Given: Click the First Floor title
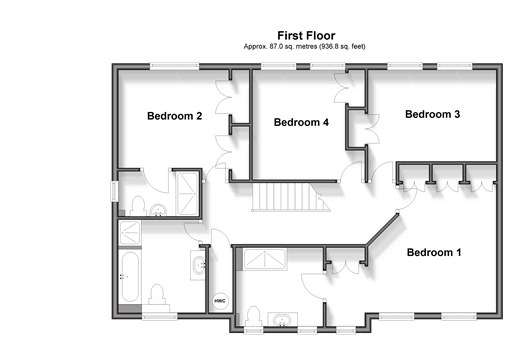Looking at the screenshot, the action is click(306, 35).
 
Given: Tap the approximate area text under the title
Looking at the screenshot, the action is click(304, 46).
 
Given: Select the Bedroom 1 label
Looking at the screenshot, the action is click(434, 252).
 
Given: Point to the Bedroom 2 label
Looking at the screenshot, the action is click(174, 116).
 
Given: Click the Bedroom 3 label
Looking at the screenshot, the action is click(432, 114).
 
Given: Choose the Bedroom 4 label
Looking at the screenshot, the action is click(301, 122).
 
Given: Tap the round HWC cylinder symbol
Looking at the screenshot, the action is click(220, 301).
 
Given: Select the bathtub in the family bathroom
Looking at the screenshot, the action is click(130, 277).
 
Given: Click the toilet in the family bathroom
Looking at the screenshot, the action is click(157, 295).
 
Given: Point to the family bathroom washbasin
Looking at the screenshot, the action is click(198, 265).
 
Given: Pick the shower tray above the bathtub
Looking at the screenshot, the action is click(130, 233).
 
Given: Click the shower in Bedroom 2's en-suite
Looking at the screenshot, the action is click(187, 194).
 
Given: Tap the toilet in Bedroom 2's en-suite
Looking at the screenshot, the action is click(138, 206).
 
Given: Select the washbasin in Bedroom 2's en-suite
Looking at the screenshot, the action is click(158, 210).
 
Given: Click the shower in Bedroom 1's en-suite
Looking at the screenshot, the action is click(264, 259).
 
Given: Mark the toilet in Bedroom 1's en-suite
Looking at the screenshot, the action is click(253, 316).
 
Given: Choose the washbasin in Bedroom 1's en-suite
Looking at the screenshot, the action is click(282, 319).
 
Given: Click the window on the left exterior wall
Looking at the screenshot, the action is click(114, 191).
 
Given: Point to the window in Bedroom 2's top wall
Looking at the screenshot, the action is click(174, 66).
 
